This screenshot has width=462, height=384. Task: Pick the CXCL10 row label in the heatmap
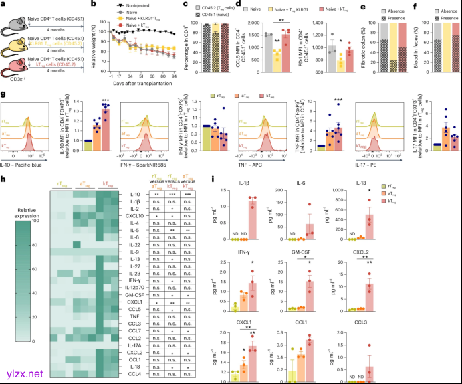tap(134, 217)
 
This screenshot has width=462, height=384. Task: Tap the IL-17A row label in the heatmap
tap(134, 343)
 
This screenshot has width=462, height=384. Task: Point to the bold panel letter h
tap(4, 178)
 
